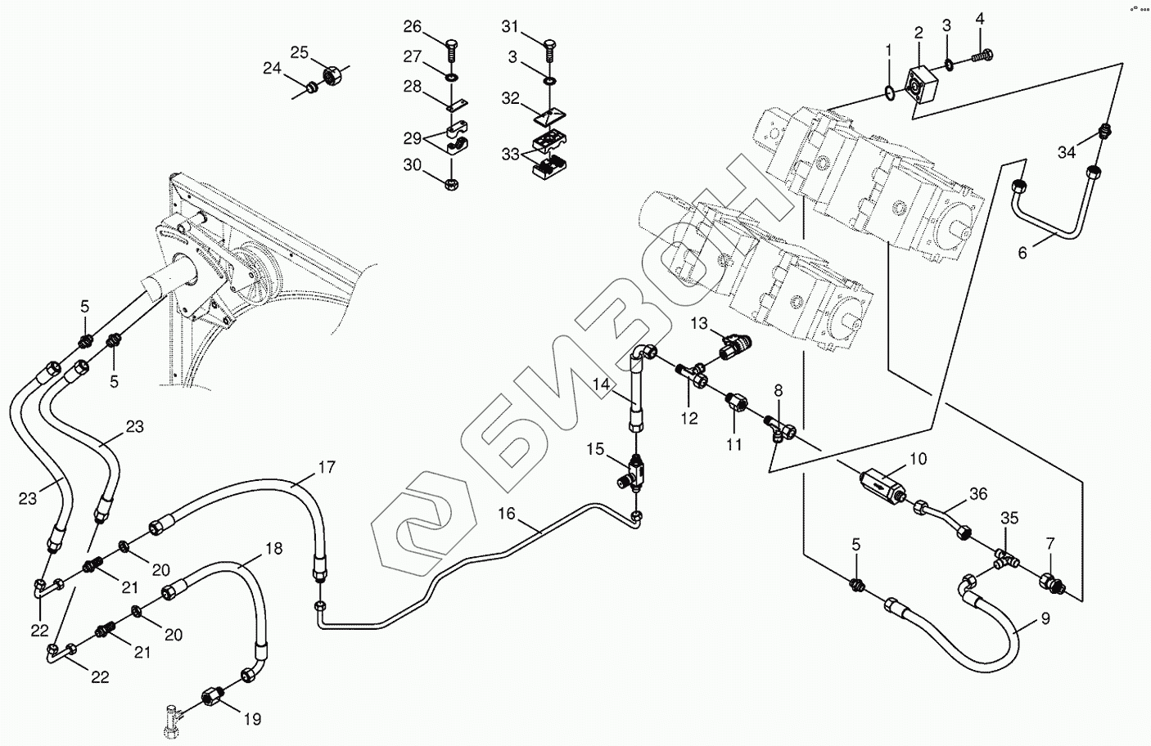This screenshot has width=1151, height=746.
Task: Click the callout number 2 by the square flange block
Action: [x=919, y=33]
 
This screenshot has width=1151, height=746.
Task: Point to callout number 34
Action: [x=1066, y=152]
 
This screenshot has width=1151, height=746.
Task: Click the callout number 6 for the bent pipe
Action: [x=1022, y=253]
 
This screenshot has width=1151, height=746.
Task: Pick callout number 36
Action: [x=978, y=494]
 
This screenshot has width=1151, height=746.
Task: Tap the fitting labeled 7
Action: [x=1050, y=582]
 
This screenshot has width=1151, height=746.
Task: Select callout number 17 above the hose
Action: [x=327, y=468]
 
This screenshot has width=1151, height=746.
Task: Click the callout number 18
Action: [x=273, y=549]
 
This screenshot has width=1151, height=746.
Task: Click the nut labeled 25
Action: [x=332, y=77]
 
